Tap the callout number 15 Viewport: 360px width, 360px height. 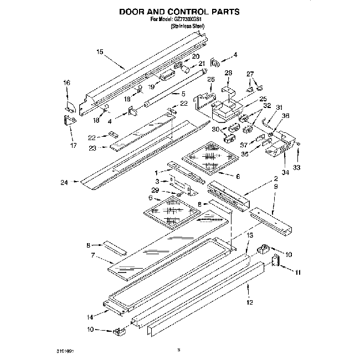tap(100, 52)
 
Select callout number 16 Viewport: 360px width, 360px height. tap(66, 83)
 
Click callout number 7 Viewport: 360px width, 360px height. tap(94, 255)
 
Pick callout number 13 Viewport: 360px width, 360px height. tap(250, 236)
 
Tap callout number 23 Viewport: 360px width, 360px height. tap(92, 148)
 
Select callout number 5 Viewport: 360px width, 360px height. tap(183, 94)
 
